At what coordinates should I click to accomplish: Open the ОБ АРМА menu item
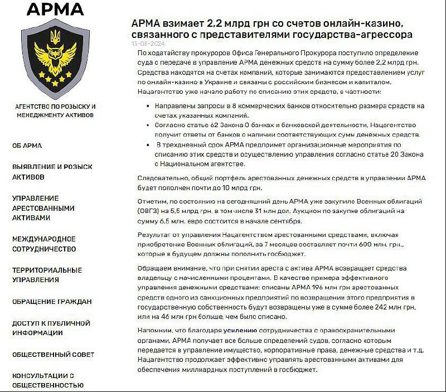[x=27, y=146]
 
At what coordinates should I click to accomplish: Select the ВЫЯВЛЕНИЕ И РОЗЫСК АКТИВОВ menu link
[x=52, y=172]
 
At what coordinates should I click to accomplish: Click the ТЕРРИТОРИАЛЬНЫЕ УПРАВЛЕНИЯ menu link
[x=47, y=275]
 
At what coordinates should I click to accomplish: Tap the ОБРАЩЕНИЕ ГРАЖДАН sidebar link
[x=52, y=302]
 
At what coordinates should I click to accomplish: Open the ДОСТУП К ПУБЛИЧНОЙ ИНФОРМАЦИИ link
[x=51, y=328]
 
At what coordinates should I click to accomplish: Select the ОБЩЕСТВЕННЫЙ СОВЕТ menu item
[x=53, y=355]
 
